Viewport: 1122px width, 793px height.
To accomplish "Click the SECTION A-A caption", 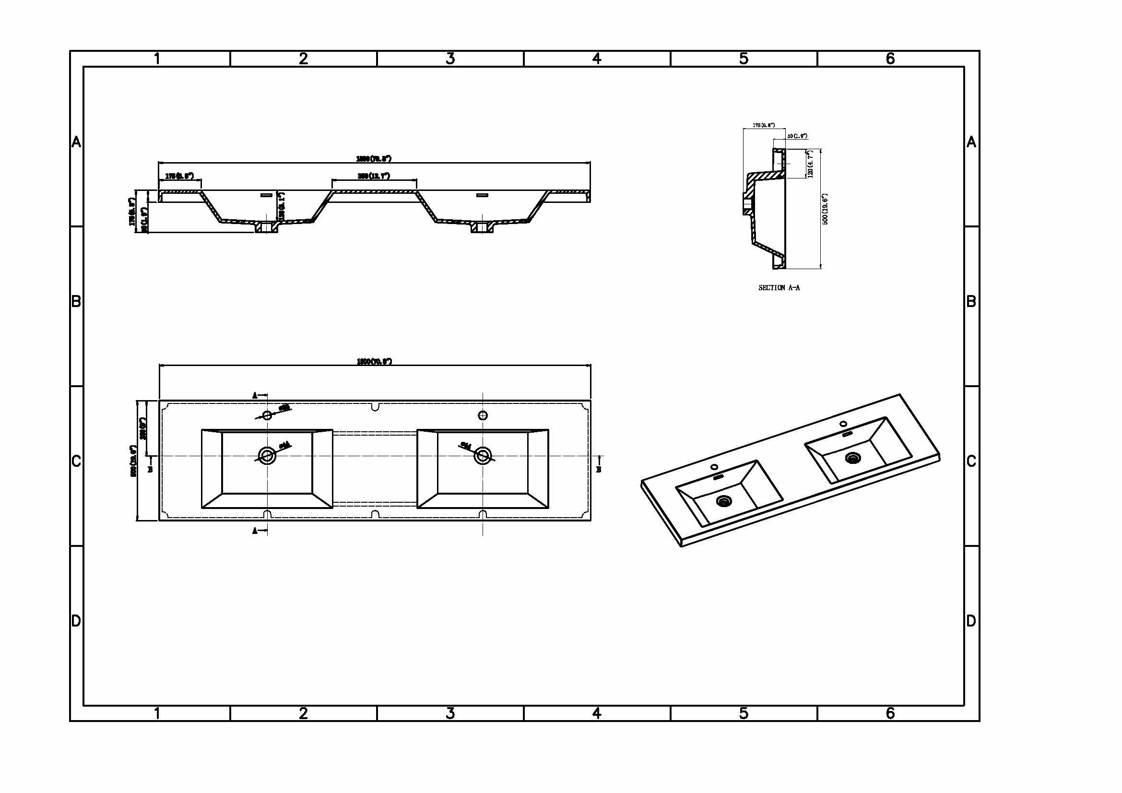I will tap(779, 288).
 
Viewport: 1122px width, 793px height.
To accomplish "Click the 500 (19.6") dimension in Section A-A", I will tap(826, 209).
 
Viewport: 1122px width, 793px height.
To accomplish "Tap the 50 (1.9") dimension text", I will tap(797, 136).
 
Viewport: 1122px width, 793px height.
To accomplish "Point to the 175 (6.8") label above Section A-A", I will tap(763, 125).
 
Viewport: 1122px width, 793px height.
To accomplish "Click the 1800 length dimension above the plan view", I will tap(374, 362).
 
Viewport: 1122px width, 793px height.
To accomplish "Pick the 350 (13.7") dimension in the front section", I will tap(374, 176).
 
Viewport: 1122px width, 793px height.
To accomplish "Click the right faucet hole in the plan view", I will tap(483, 415).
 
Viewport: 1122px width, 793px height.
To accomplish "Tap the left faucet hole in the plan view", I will tap(267, 415).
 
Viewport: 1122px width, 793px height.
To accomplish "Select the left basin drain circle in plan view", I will tap(267, 456).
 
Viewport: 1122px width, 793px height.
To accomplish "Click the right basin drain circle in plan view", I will tap(483, 456).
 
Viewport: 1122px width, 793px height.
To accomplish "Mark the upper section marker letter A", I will tap(255, 396).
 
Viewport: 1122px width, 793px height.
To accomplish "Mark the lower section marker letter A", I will tap(255, 531).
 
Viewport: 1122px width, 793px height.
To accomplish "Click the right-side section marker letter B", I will tap(599, 470).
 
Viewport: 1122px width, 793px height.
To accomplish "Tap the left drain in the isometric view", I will tap(723, 500).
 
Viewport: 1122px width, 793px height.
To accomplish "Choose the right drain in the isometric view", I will tap(853, 458).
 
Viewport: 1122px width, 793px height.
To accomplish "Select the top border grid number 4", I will tap(597, 59).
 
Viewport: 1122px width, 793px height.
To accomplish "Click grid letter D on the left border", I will tap(76, 621).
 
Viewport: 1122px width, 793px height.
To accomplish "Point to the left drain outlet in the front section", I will tap(266, 227).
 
